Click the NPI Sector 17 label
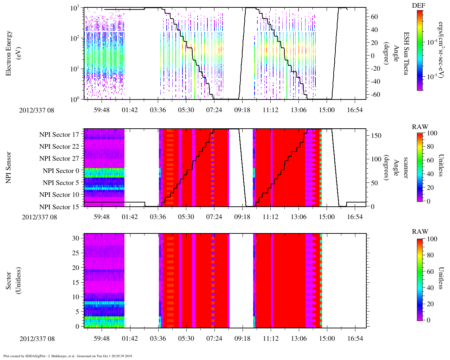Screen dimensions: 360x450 point(59,135)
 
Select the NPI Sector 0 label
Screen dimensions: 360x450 point(61,171)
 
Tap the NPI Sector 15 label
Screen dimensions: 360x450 point(59,207)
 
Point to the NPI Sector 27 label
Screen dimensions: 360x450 point(59,159)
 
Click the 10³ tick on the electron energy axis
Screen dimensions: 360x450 point(75,8)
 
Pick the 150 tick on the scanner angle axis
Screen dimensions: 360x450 point(377,135)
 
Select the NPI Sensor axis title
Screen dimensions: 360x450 point(8,167)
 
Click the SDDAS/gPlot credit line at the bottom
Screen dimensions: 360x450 point(68,356)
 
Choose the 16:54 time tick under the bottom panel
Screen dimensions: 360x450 point(355,338)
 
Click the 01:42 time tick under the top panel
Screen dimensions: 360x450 point(130,110)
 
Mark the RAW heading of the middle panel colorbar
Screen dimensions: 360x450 point(420,127)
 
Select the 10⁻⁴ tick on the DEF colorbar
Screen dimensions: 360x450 point(432,42)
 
